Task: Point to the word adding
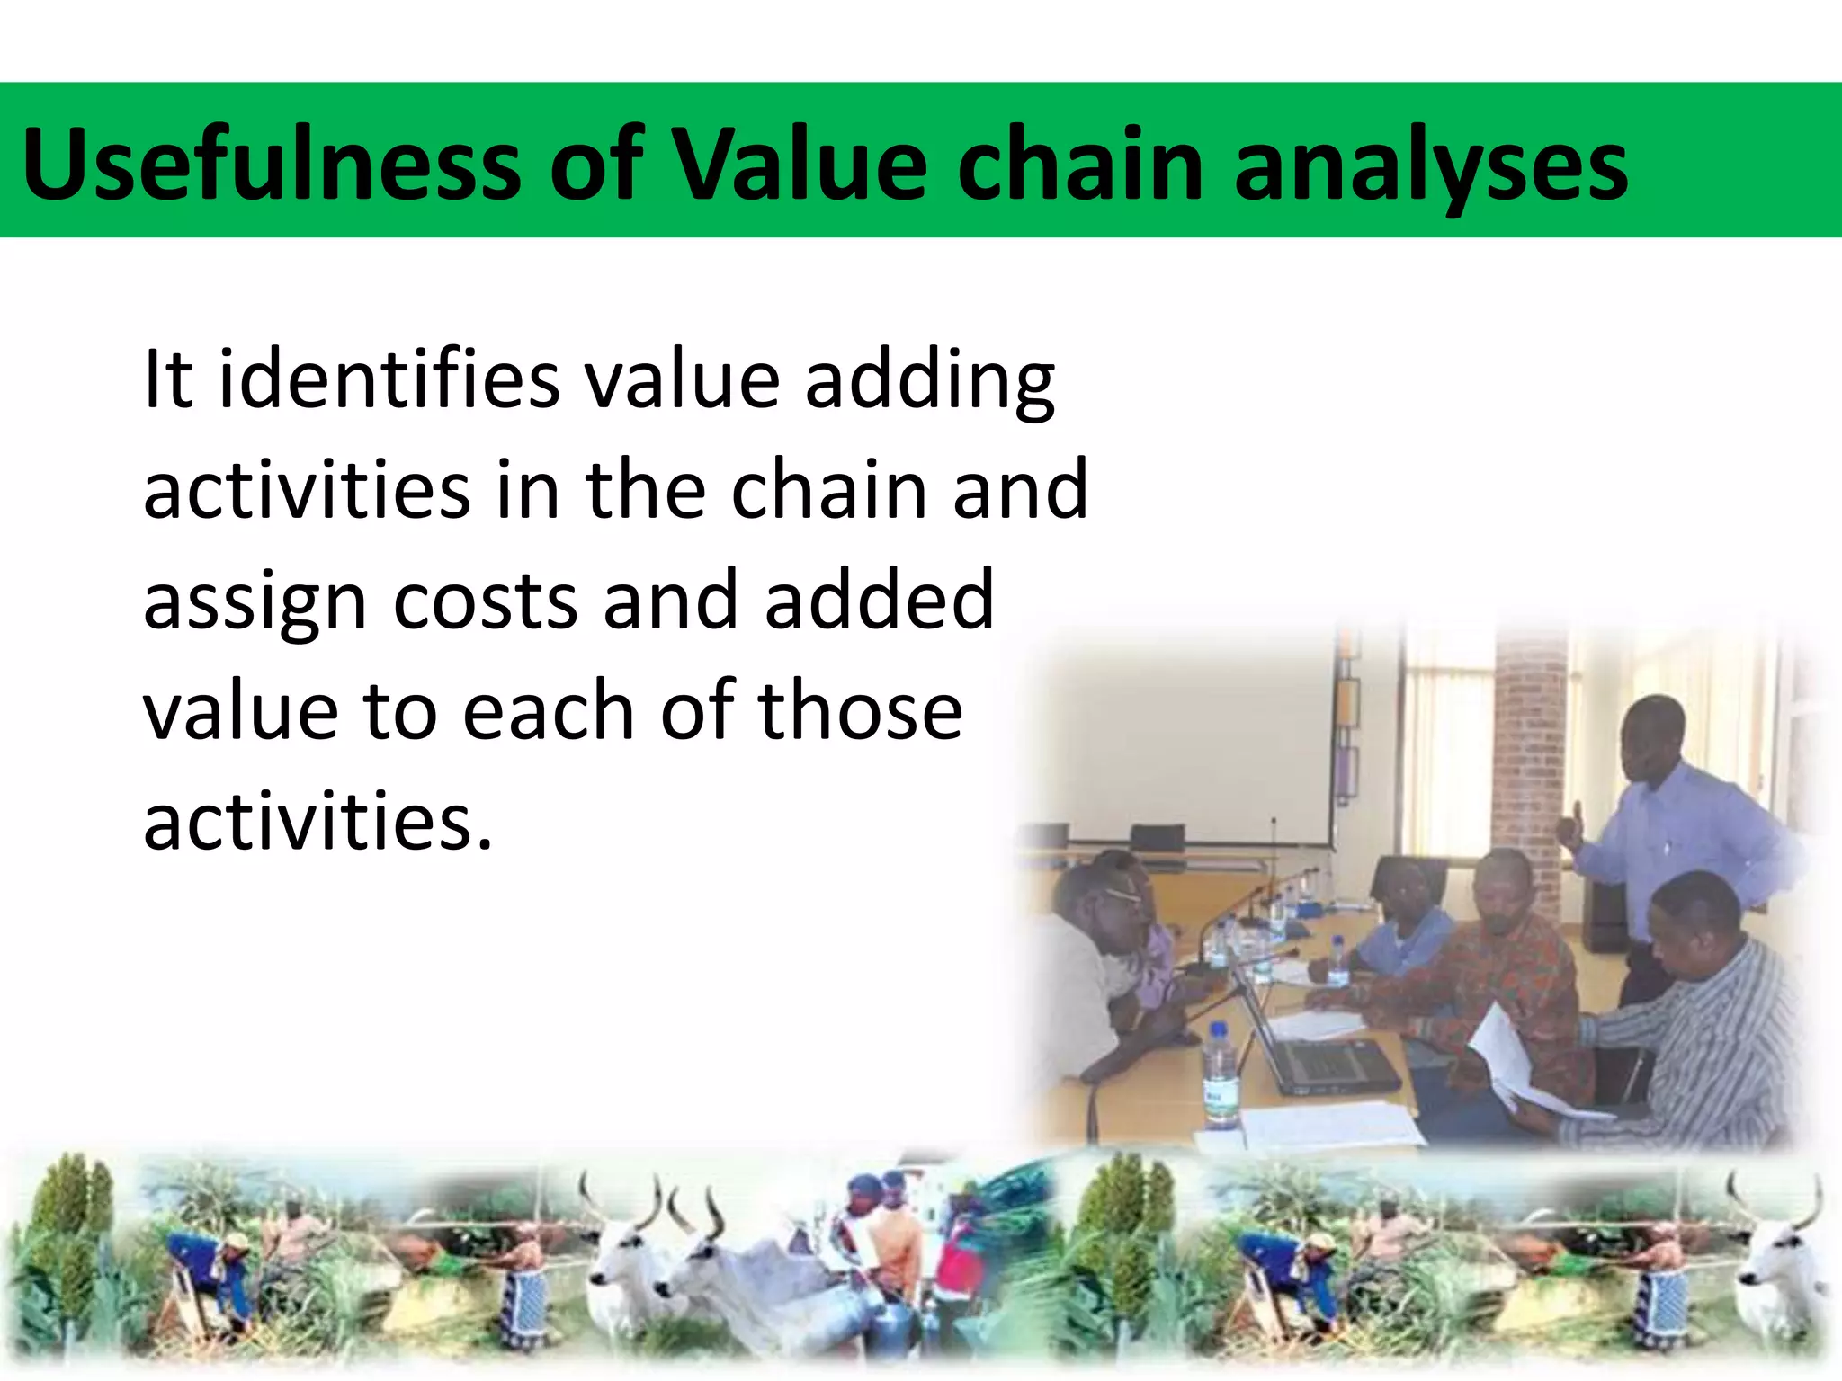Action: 930,383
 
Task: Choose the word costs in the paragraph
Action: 485,600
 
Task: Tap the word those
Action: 861,710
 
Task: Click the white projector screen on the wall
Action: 1187,737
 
